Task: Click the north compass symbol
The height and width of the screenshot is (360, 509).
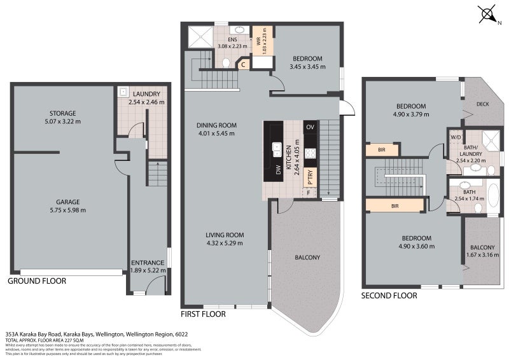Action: coord(487,13)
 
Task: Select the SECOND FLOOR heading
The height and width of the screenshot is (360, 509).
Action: coord(389,295)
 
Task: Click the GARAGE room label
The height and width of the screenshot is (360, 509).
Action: coord(67,203)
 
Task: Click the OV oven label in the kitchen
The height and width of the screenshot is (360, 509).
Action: coord(310,128)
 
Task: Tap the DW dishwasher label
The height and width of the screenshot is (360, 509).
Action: coord(278,170)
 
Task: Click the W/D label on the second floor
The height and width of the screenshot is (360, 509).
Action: coord(456,137)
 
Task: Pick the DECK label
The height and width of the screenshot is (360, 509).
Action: coord(483,104)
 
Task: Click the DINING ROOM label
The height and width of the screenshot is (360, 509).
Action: coord(216,125)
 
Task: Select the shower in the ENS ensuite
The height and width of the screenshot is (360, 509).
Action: coord(199,38)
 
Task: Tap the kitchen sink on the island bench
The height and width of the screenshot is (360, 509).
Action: coord(277,149)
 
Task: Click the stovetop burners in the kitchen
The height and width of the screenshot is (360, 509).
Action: coord(310,153)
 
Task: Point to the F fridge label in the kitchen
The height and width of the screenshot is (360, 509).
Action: coord(310,192)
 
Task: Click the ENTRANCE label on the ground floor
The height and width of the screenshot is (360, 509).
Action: coord(148,262)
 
